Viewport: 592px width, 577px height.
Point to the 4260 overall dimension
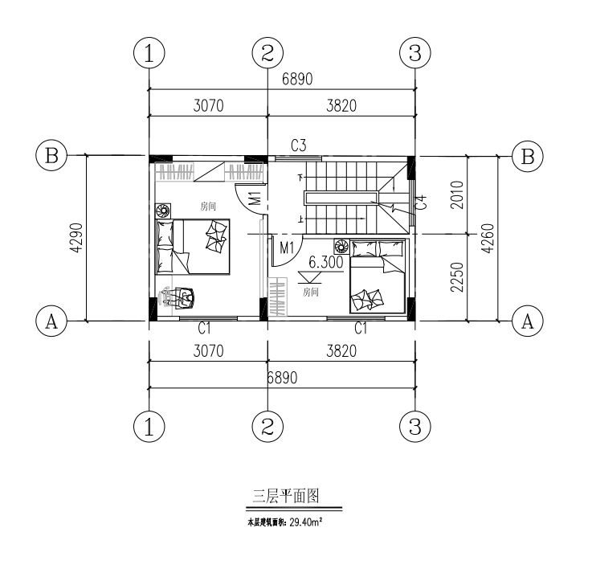click(x=486, y=238)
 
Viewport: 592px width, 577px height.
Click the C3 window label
click(x=299, y=145)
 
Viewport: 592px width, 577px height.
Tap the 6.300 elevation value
click(x=326, y=261)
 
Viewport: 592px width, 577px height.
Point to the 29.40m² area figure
click(x=305, y=522)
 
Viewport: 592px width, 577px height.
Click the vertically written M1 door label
click(x=253, y=198)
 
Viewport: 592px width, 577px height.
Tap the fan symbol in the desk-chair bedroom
click(x=163, y=211)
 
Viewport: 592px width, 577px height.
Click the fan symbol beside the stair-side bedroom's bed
click(x=341, y=246)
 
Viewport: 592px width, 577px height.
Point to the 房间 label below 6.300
click(x=311, y=293)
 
